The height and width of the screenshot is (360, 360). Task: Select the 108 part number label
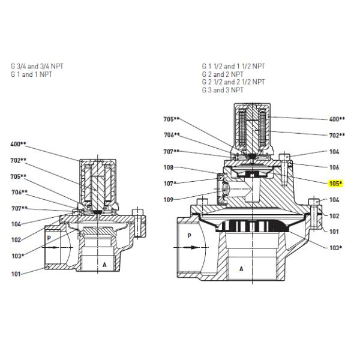pos(169,168)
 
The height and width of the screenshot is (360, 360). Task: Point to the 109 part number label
pos(169,199)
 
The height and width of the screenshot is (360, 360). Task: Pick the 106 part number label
pos(334,167)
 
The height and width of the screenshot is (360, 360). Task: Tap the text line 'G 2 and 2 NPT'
pos(222,74)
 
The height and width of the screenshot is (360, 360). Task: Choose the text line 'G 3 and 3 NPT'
pos(222,89)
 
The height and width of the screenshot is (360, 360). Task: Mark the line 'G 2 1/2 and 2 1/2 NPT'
pos(233,82)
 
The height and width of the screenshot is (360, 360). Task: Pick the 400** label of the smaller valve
pos(19,144)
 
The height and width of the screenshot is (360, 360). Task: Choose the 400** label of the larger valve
pos(337,119)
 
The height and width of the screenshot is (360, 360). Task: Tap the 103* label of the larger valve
pos(336,247)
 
